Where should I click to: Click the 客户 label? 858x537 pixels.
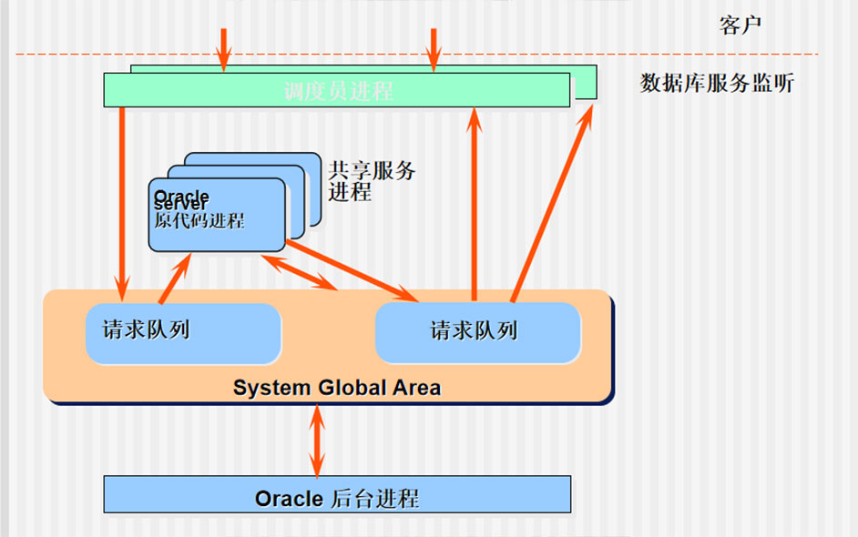tap(740, 25)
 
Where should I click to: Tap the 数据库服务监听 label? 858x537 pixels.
tap(717, 85)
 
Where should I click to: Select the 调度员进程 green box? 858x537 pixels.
tap(337, 91)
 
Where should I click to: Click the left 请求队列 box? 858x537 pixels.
tap(182, 333)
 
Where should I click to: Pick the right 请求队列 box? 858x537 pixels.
tap(477, 333)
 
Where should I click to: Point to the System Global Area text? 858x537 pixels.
tap(336, 388)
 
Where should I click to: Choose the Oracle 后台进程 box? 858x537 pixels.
tap(337, 498)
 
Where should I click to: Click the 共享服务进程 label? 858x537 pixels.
tap(371, 180)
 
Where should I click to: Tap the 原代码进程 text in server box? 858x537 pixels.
tap(199, 221)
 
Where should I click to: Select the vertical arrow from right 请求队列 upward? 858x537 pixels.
tap(474, 200)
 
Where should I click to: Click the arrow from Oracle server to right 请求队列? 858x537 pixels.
tap(351, 269)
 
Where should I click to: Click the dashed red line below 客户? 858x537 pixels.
tap(546, 55)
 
